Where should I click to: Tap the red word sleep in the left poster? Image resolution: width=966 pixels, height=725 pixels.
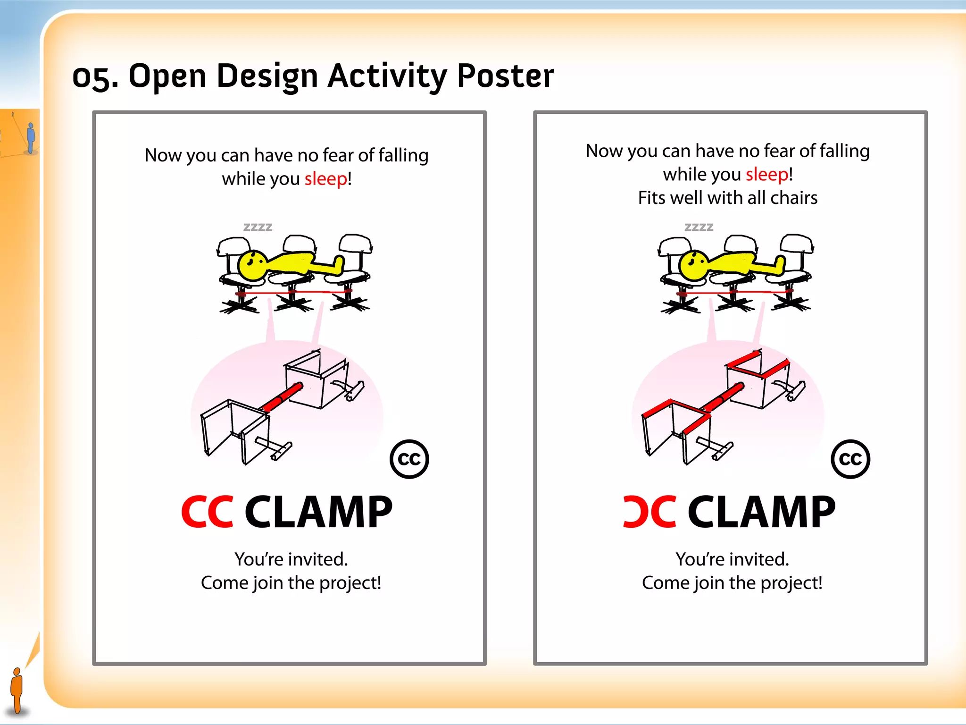325,179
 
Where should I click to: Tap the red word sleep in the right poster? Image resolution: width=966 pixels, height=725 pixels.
766,174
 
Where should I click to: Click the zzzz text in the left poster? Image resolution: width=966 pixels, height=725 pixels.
258,227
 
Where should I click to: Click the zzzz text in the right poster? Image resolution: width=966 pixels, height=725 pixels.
699,227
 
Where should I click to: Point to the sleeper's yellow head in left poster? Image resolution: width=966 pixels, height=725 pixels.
252,265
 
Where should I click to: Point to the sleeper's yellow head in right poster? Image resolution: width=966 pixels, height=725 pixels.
693,265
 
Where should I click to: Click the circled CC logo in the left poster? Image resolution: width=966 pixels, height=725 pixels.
409,459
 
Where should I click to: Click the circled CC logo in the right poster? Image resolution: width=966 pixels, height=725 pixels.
850,459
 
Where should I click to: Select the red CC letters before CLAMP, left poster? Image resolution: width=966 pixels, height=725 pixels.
207,512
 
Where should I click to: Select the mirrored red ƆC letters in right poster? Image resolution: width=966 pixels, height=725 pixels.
650,512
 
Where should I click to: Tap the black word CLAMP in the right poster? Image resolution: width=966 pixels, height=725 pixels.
761,512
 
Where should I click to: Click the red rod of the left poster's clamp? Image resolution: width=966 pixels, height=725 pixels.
282,398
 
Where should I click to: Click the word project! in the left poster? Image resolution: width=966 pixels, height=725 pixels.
350,583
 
